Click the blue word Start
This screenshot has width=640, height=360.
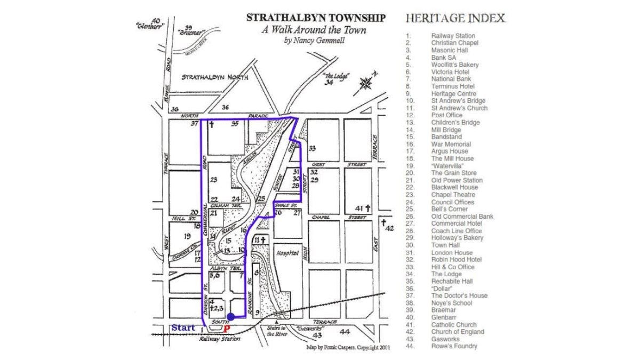(183, 327)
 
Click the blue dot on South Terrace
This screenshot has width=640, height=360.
(230, 317)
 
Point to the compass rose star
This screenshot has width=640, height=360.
(366, 83)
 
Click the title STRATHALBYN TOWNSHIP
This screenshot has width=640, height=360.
(316, 18)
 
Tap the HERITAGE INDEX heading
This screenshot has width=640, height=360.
(455, 18)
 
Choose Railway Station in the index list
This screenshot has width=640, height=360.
(453, 36)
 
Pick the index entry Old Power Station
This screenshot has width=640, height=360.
(457, 180)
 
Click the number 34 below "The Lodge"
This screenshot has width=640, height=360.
(329, 82)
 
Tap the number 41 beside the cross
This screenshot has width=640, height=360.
(359, 208)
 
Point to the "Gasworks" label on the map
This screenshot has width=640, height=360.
(311, 329)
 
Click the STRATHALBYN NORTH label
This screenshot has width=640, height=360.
(215, 77)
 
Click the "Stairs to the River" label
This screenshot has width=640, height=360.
(276, 331)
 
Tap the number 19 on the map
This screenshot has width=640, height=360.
(187, 236)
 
